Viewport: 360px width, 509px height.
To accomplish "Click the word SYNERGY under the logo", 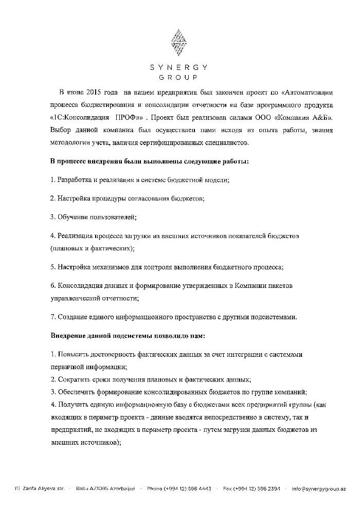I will pos(178,67).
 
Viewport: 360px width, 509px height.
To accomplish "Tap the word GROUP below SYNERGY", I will pos(178,78).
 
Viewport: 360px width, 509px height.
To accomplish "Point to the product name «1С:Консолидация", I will pos(78,118).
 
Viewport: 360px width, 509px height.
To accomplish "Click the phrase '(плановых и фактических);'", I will pos(93,248).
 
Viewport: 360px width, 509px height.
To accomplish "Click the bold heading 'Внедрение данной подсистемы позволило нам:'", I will pos(128,335).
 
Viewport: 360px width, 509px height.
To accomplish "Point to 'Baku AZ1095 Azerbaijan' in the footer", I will pos(105,488).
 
